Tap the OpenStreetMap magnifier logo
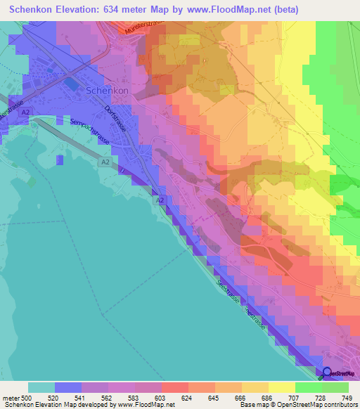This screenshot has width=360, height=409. (326, 373)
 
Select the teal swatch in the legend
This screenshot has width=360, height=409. (41, 387)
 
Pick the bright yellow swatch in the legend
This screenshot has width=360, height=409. (281, 387)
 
